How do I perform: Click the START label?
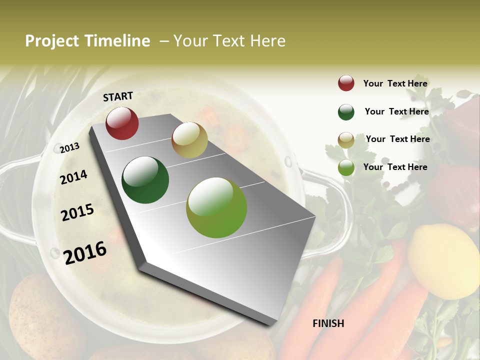118,96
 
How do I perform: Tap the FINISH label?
328,323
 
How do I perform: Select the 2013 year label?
69,147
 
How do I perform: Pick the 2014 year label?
73,177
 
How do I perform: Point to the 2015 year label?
77,212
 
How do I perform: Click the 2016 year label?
85,252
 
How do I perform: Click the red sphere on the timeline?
122,123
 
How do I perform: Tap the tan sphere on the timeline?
189,140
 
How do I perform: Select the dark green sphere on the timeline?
145,180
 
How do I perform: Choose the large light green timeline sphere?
216,207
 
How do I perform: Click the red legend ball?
346,83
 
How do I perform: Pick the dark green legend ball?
346,112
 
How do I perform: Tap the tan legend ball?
346,140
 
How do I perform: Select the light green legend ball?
346,168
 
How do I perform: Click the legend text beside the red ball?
395,83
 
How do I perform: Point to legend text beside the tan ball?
397,139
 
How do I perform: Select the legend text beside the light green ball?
395,167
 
